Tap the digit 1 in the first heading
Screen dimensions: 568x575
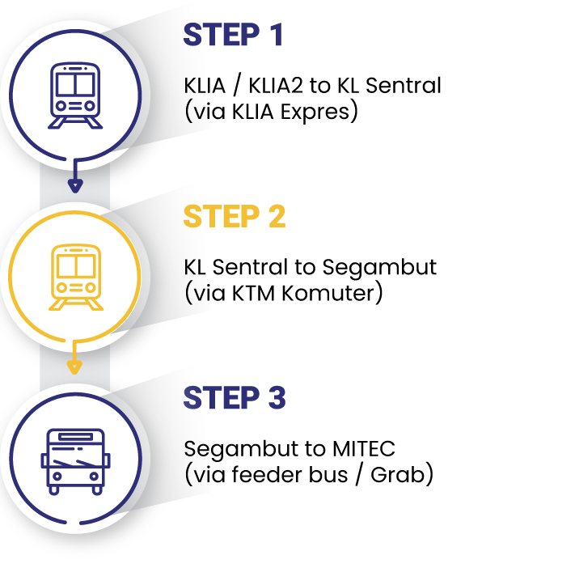(x=277, y=36)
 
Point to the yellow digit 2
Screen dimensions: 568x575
(x=276, y=217)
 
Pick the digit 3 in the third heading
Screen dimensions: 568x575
(x=276, y=398)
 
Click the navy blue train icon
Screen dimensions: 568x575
(x=74, y=95)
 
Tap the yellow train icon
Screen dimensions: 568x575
(x=74, y=277)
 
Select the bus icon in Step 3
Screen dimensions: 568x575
(x=74, y=460)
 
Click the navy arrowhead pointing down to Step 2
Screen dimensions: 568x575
(x=74, y=186)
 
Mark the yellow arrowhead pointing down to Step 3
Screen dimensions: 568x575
(x=74, y=367)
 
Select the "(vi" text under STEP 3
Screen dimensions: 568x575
(x=198, y=474)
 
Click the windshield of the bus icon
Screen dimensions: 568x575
(x=74, y=458)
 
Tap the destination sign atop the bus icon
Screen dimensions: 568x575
(x=74, y=437)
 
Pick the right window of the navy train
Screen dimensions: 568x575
(x=85, y=83)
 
